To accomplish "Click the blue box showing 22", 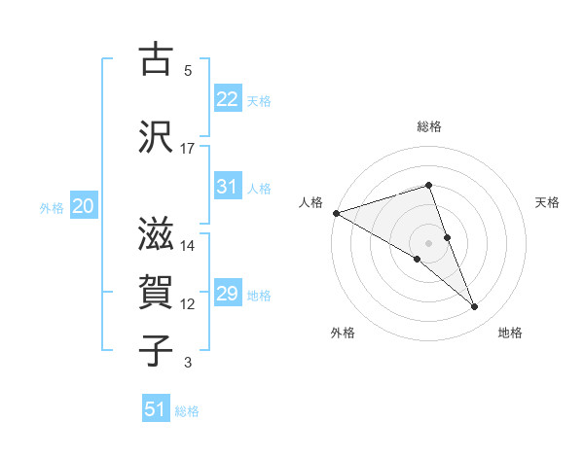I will click(227, 99).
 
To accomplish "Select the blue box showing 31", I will click(227, 187).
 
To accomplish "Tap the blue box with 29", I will click(227, 294).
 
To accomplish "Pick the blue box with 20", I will click(84, 206).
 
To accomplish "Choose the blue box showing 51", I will click(156, 409).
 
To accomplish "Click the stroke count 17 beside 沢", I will click(188, 148).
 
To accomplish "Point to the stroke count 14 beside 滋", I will click(188, 246).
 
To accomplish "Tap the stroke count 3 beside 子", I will click(188, 364).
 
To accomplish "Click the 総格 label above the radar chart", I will click(429, 126).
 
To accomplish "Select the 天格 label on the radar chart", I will click(548, 202).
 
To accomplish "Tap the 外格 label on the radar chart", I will click(343, 333).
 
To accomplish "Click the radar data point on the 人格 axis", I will click(336, 213).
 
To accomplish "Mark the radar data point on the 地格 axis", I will click(475, 307).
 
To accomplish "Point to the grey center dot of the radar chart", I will click(429, 242).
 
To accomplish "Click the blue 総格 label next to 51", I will click(187, 411).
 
